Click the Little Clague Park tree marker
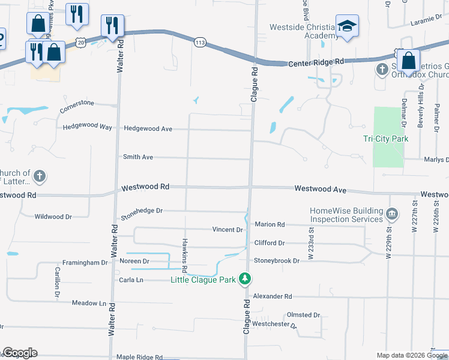[x=245, y=279]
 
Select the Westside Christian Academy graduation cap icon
[x=347, y=26]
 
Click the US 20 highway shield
[x=81, y=41]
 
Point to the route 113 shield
[x=200, y=41]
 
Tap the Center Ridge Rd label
[x=316, y=62]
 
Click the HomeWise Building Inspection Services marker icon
[x=392, y=214]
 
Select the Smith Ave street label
[x=138, y=157]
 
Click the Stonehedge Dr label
[x=142, y=211]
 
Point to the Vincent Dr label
[x=228, y=230]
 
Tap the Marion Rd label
[x=270, y=224]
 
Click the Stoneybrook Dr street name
[x=276, y=261]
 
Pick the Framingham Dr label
[x=85, y=263]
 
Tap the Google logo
[x=20, y=353]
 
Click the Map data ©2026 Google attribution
[x=411, y=355]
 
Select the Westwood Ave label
[x=321, y=189]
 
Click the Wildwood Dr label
[x=53, y=217]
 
